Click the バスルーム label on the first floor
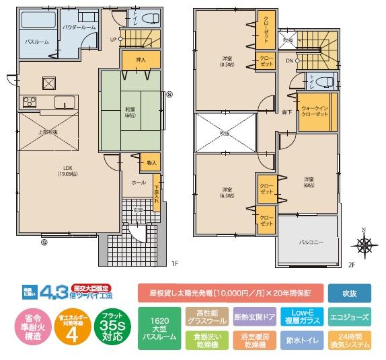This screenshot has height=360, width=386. click(x=35, y=42)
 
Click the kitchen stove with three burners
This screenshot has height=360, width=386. click(x=30, y=102)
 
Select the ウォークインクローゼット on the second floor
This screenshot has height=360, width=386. click(x=315, y=111)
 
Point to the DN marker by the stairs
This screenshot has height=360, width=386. click(x=289, y=60)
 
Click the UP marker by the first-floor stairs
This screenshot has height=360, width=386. click(x=113, y=39)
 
